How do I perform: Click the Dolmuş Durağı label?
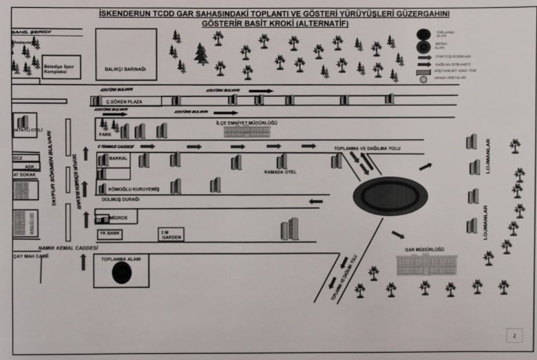click(121, 200)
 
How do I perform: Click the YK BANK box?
click(110, 233)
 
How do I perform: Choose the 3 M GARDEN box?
click(171, 233)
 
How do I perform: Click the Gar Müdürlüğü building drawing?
click(426, 264)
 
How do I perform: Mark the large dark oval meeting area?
click(390, 196)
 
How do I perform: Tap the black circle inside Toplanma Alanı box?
click(122, 273)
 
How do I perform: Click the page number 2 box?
click(513, 337)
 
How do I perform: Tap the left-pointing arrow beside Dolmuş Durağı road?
click(315, 202)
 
